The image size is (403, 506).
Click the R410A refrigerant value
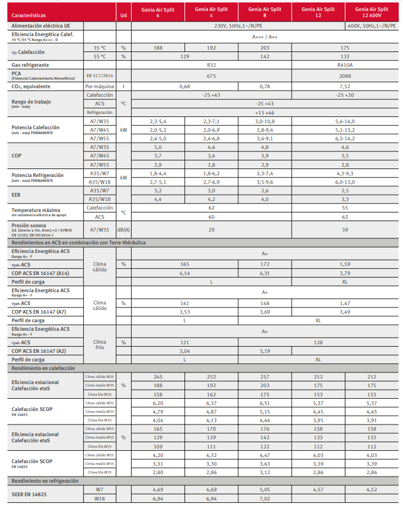tap(345, 64)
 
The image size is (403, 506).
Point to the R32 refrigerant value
tap(212, 64)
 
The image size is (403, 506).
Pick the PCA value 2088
tap(345, 75)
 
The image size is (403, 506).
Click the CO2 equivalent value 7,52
tap(345, 86)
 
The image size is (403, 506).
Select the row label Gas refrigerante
tap(30, 64)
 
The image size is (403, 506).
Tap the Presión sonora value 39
tap(345, 229)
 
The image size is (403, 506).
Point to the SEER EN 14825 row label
tap(29, 494)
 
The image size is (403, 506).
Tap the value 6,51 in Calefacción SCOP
tap(266, 404)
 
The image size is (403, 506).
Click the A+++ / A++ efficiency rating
tap(265, 37)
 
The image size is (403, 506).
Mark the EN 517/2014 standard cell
tap(99, 75)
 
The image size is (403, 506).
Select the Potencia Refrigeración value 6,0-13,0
tap(345, 182)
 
